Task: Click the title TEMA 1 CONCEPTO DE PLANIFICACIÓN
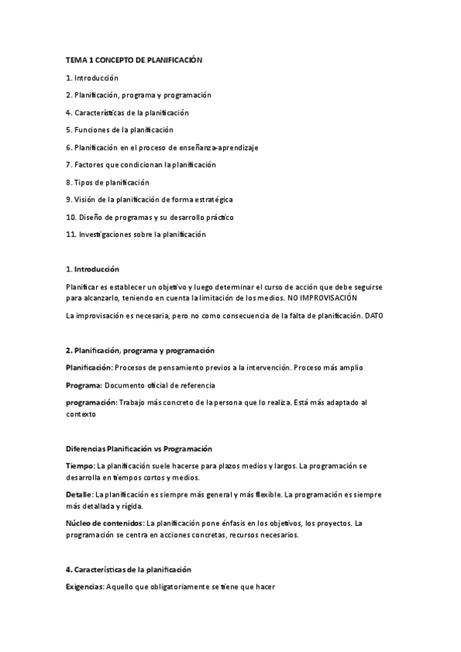coord(133,60)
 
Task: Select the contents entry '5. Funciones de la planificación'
coord(119,130)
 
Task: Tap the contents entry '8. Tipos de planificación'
coord(107,182)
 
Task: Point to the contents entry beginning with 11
coord(135,235)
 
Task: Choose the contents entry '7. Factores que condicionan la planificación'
coord(141,165)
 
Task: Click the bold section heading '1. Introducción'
coord(92,269)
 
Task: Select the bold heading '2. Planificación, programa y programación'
coord(140,350)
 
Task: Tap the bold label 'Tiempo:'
coord(80,466)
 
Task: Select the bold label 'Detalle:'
coord(79,494)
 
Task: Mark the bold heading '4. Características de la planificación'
coord(128,570)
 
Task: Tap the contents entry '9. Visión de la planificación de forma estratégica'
coord(149,199)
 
